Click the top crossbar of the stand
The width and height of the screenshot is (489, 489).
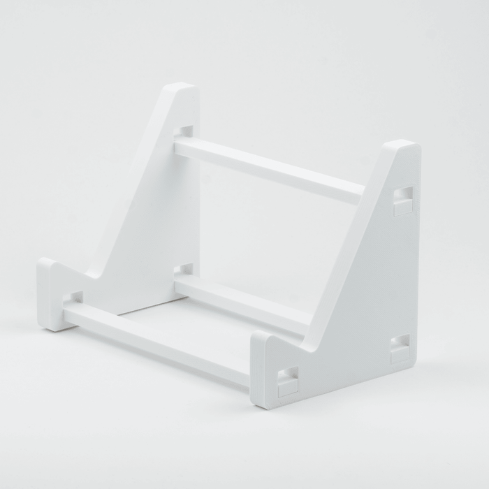coord(269,168)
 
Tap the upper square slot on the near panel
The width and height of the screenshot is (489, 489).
coord(403,200)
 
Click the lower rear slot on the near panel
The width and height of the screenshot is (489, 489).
coord(400,349)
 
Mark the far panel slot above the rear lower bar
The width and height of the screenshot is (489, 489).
coord(183,269)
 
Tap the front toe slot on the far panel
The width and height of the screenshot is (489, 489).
coord(73,298)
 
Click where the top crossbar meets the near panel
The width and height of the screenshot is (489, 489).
coord(360,192)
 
